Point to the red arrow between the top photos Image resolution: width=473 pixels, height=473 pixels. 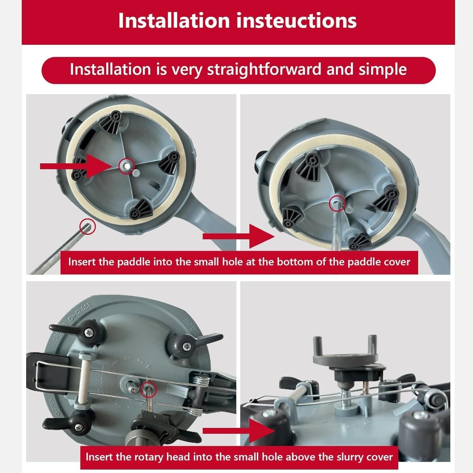point(238,237)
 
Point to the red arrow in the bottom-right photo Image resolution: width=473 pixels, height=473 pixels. point(238,431)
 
